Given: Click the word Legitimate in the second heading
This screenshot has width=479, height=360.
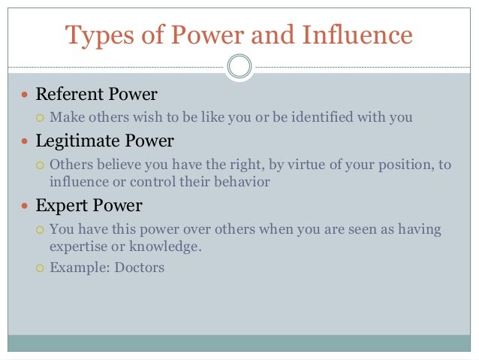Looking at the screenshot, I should [x=75, y=141].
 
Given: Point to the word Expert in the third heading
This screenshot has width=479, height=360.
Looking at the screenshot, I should [x=59, y=204].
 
